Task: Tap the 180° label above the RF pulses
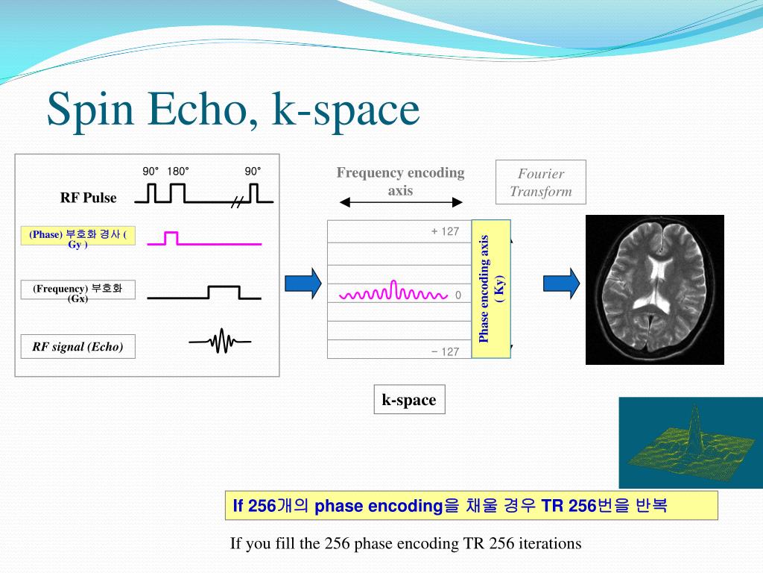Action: [x=177, y=171]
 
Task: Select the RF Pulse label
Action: [x=88, y=197]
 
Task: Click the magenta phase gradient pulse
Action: [x=171, y=238]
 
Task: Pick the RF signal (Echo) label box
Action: [x=77, y=346]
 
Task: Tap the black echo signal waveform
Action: [x=220, y=341]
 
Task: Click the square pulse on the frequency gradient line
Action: [x=224, y=292]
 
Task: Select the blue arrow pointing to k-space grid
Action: [x=303, y=283]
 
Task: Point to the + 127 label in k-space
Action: [x=445, y=231]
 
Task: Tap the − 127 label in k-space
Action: [x=445, y=352]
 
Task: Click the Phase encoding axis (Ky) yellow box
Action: [x=491, y=289]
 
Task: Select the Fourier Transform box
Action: [x=541, y=182]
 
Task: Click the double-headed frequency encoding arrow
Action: [x=400, y=202]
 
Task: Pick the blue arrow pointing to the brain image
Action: [x=561, y=283]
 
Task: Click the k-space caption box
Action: [x=409, y=400]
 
